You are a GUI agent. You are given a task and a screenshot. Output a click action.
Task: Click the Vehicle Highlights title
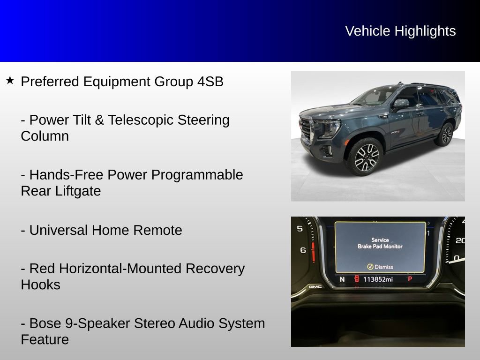coord(400,31)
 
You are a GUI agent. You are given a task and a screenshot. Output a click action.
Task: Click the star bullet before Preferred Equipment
coord(10,81)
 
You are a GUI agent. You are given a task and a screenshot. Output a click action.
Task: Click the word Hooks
coord(40,285)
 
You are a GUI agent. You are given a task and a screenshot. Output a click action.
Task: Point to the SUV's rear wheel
coord(446,135)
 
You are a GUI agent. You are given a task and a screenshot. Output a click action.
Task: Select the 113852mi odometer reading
coord(378,279)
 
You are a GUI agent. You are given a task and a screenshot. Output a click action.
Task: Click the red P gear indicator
coord(410,279)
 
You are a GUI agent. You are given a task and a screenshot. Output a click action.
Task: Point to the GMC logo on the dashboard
coord(315,286)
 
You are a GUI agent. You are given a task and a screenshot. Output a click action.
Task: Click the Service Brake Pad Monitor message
coord(380,243)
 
